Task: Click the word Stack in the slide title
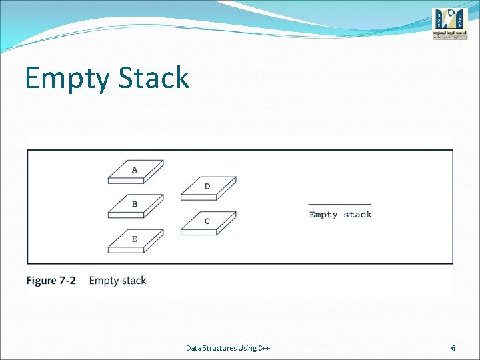(154, 77)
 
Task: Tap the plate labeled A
(135, 171)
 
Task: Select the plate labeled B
(135, 206)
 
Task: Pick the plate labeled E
(135, 241)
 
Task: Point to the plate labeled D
(208, 188)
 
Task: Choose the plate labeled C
(208, 223)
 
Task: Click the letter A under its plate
(135, 170)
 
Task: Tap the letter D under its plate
(207, 187)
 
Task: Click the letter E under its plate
(135, 239)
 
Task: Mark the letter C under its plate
(207, 221)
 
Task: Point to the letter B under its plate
(135, 205)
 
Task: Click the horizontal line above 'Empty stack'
(340, 205)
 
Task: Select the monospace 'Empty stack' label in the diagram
(341, 215)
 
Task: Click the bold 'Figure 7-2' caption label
(51, 281)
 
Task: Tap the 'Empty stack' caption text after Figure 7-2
(117, 281)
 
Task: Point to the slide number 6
(453, 348)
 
